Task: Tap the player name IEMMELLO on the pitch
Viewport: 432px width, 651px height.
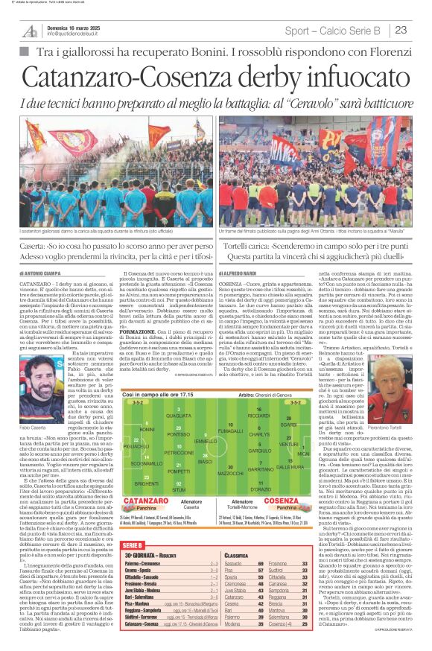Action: (203, 442)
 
